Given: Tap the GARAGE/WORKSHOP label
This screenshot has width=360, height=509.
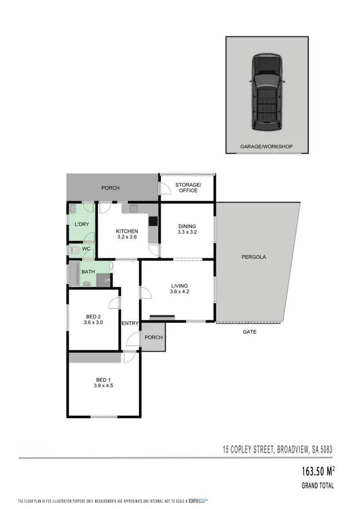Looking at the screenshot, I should coord(266,146).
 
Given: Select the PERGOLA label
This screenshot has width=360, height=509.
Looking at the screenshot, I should coord(253,257).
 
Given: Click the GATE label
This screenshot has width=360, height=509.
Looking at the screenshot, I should coord(250,332).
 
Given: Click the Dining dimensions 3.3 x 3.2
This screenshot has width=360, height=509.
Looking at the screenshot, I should coord(187,232).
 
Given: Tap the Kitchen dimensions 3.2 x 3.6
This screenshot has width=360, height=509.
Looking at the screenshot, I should coord(127,237).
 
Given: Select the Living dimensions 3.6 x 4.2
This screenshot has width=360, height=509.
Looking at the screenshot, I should coord(179,291).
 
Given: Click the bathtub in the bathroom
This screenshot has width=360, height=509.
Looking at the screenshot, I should coord(75,275).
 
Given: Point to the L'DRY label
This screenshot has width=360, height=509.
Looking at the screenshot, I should coord(81,224).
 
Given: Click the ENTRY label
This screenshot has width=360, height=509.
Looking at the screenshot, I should coord(130,323).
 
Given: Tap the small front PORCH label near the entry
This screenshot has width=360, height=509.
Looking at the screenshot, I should coord(154,337).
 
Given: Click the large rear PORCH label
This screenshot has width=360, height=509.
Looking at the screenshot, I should coord(110,188).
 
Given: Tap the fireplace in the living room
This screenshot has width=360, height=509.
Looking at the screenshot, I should coord(162,316).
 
